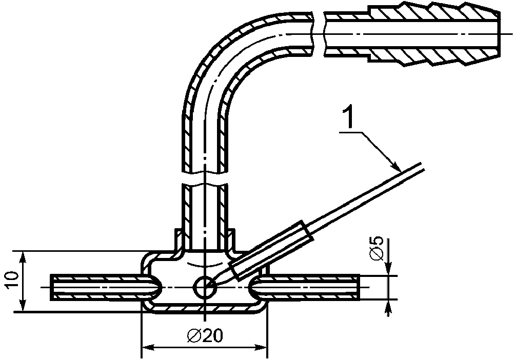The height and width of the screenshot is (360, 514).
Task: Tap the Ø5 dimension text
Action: coord(377,248)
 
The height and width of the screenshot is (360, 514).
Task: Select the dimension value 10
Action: coord(12,280)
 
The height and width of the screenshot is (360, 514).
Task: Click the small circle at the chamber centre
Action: coord(205,288)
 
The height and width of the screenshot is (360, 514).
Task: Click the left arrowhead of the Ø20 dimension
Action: coord(148,347)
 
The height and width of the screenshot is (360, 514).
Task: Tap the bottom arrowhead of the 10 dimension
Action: coord(22,305)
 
